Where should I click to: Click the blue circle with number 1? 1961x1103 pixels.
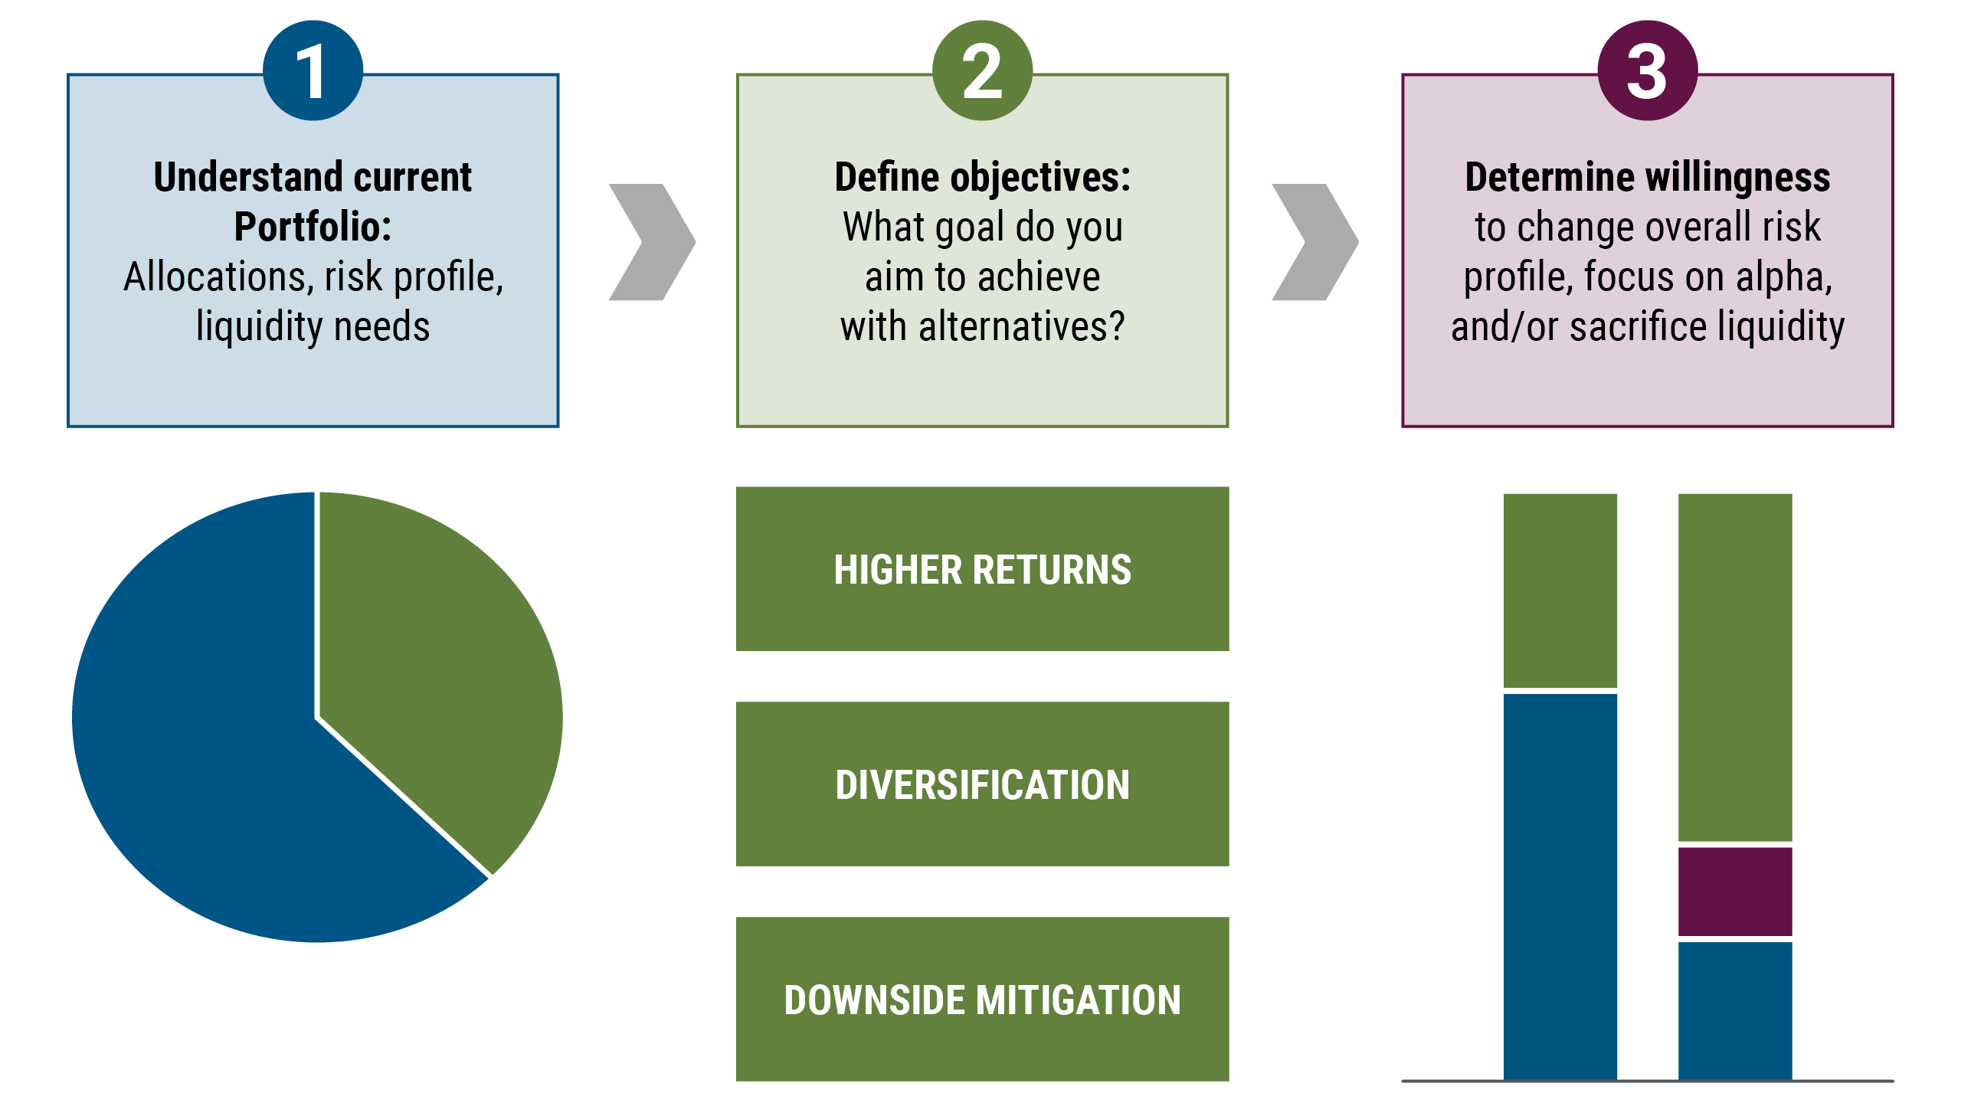pos(313,70)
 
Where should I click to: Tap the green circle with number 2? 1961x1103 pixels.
pos(982,70)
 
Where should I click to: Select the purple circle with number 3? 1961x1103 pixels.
pos(1647,70)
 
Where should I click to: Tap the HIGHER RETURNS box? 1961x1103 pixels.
pos(982,569)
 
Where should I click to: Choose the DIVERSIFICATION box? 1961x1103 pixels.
pos(982,784)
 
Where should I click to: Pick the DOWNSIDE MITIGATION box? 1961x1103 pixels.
pos(982,1000)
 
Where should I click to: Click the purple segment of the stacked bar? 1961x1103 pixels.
pos(1735,891)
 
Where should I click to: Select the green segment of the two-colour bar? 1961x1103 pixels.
pos(1560,590)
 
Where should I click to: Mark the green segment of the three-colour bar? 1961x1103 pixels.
pos(1735,666)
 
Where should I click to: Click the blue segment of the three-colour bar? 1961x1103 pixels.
pos(1735,1010)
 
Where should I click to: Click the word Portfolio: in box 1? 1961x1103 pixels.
pos(313,227)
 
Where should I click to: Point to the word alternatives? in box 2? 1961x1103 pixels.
pos(1022,326)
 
